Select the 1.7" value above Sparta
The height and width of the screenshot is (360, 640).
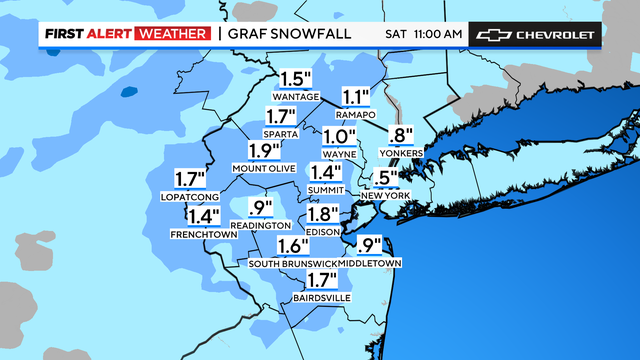click(x=284, y=116)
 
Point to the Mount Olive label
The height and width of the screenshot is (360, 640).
click(x=264, y=168)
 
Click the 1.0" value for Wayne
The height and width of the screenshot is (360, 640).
click(x=340, y=137)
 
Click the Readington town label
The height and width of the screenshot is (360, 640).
click(x=260, y=226)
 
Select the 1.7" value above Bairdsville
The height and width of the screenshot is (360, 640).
click(x=323, y=281)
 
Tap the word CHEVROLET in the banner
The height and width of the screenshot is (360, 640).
click(x=555, y=35)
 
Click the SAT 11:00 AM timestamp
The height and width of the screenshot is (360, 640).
click(x=424, y=35)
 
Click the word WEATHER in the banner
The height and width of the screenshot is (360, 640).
click(x=175, y=35)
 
